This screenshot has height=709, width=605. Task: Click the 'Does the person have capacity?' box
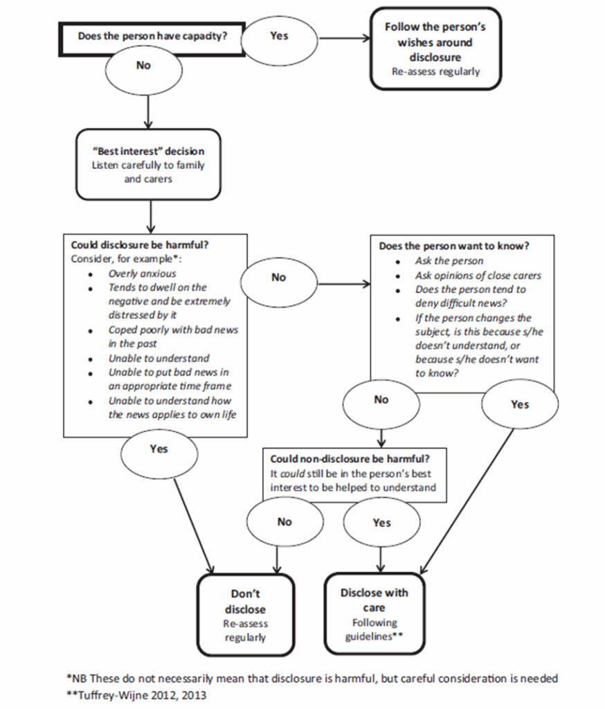tap(152, 39)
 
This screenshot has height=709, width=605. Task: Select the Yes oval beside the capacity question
tap(279, 39)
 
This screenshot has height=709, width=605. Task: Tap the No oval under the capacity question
tap(144, 70)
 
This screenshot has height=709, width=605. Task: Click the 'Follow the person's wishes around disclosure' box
tap(435, 48)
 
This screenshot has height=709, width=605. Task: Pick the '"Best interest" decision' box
tap(148, 165)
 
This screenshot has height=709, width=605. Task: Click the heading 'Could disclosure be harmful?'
tap(140, 245)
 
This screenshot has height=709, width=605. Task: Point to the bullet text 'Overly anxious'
tap(142, 273)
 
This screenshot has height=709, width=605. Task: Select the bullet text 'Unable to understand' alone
tap(159, 358)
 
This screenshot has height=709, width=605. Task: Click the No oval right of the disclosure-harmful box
tap(278, 281)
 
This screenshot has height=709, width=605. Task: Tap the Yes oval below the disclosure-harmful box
tap(159, 453)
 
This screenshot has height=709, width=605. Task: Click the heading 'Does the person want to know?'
tap(454, 246)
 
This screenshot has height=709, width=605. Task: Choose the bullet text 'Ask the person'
tap(449, 261)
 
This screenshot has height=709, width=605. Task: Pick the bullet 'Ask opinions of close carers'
tap(478, 276)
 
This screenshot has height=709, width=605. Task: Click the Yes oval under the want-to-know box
tap(520, 404)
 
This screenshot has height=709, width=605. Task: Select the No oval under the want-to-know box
tap(381, 404)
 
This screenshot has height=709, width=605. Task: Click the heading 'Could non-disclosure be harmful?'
tap(350, 459)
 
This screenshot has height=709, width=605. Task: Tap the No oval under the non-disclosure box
tap(285, 523)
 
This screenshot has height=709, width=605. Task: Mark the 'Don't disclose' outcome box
tap(246, 615)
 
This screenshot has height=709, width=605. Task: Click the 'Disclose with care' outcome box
tap(374, 613)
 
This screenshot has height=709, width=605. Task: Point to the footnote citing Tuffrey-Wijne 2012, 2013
tap(136, 695)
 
